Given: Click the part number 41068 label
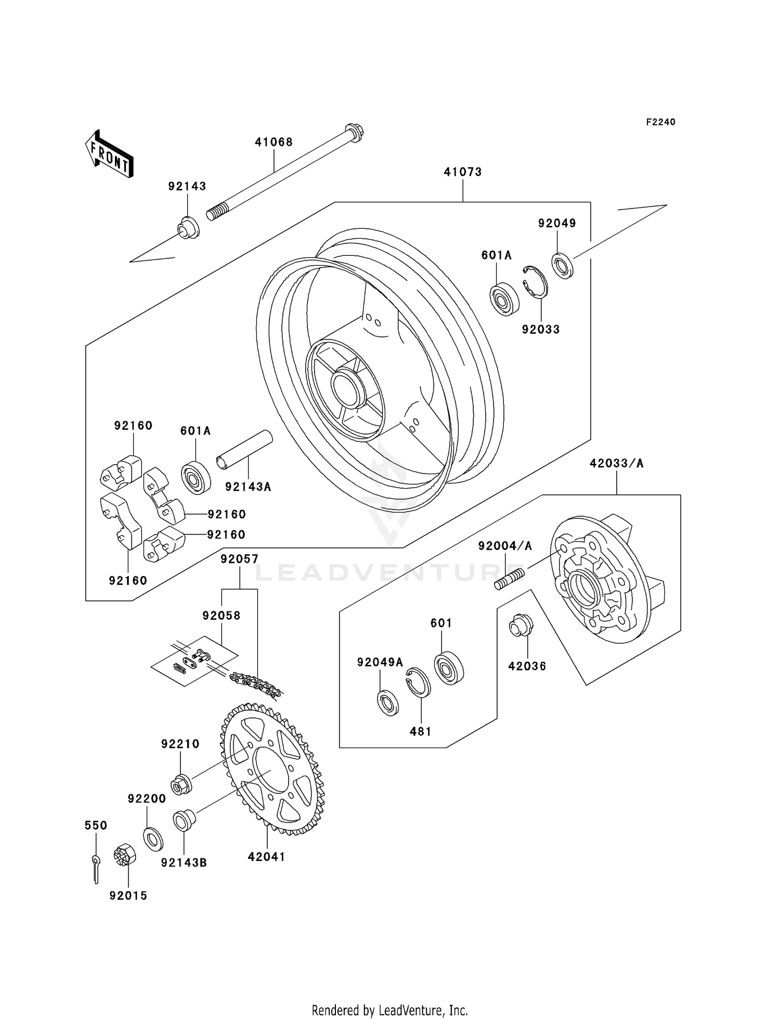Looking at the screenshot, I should click(274, 142).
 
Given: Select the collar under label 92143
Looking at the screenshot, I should click(188, 228).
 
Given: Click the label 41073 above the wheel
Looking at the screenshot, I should click(462, 172).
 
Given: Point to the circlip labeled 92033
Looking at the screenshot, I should click(535, 282).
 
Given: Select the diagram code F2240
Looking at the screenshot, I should click(660, 122).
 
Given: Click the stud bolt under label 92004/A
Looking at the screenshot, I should click(510, 579).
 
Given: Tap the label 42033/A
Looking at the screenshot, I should click(616, 463).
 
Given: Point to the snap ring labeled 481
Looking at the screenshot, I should click(418, 682).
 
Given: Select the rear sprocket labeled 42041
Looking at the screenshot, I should click(270, 769).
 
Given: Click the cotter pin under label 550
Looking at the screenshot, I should click(96, 868).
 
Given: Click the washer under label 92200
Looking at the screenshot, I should click(152, 839).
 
